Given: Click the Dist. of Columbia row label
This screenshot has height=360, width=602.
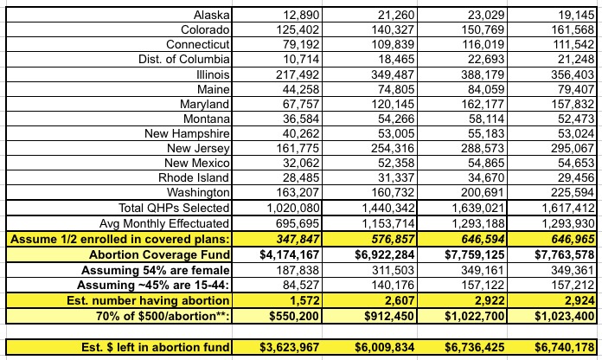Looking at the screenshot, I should [x=183, y=59].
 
